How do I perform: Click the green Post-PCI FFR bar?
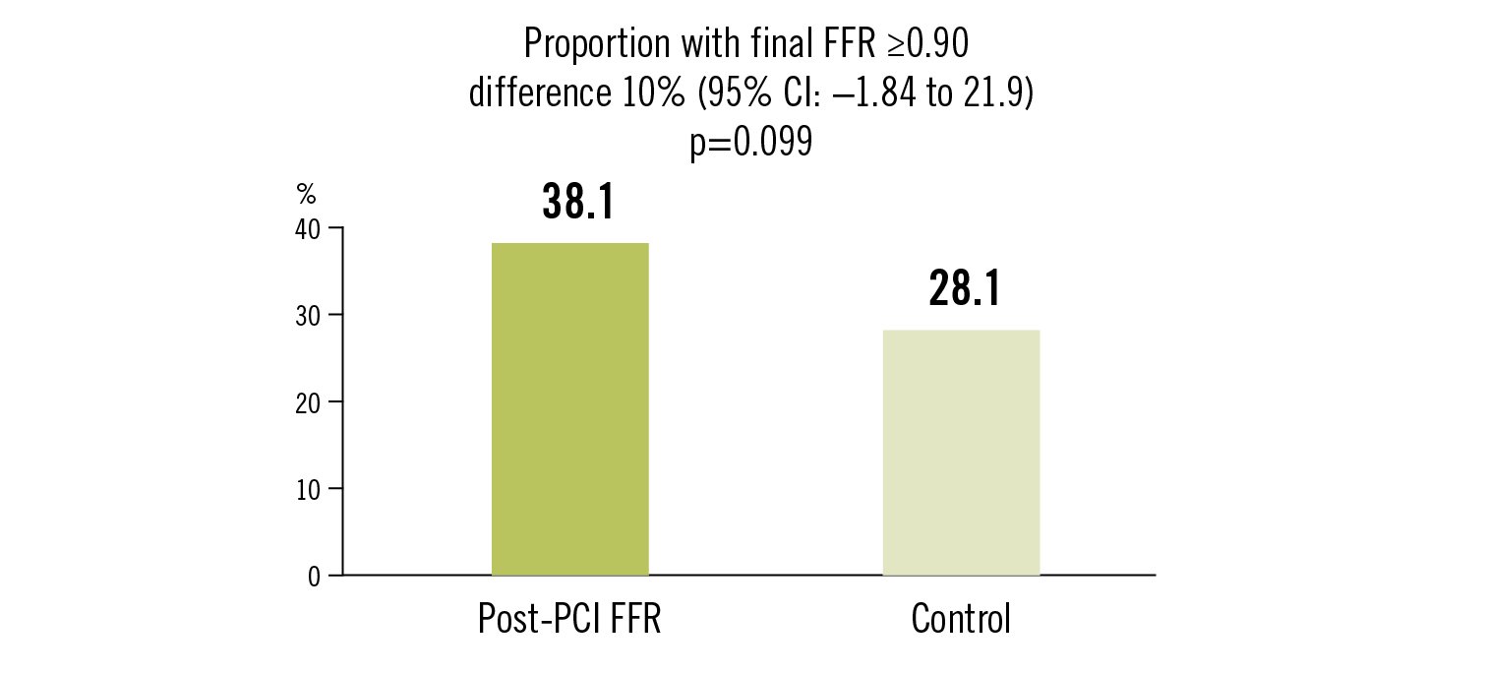coord(569,408)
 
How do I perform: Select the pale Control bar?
coord(961,452)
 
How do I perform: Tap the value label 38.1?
coord(577,202)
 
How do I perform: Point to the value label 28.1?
coord(965,290)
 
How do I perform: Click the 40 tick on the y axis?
coord(308,228)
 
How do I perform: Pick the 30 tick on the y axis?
coord(308,315)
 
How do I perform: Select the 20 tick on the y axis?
coord(308,401)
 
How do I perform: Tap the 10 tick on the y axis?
coord(308,488)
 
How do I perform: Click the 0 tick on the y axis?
coord(314,576)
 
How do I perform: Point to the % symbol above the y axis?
coord(306,195)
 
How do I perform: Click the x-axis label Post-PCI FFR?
coord(569,620)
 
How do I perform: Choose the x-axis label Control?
coord(961,620)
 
